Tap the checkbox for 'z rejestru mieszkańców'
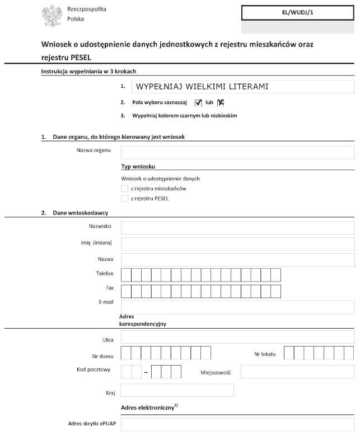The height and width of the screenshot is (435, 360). (124, 189)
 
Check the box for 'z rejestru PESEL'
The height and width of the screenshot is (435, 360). (124, 199)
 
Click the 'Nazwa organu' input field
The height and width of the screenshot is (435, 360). (237, 152)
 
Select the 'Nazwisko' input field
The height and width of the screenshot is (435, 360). (237, 228)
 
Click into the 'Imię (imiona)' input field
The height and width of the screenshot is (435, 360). (237, 244)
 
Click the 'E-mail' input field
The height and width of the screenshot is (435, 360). (237, 307)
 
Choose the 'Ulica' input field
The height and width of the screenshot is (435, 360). (237, 337)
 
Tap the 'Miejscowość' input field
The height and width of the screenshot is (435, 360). (297, 372)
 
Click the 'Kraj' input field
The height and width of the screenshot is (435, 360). (177, 390)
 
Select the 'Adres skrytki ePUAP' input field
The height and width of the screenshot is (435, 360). (237, 424)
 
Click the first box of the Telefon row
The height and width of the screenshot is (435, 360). (126, 275)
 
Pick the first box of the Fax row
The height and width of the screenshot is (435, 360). (126, 291)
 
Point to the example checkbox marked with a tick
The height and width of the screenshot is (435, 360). (198, 102)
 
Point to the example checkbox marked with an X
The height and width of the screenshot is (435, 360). (221, 102)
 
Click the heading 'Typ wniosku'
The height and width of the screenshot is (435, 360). (138, 167)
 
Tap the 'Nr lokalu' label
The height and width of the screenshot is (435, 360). (265, 354)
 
